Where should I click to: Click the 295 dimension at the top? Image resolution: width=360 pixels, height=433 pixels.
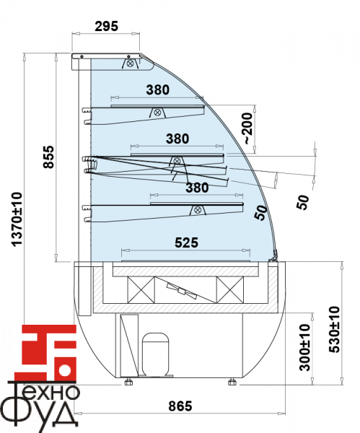tap(106, 26)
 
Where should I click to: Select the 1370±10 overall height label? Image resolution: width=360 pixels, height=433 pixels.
tap(17, 219)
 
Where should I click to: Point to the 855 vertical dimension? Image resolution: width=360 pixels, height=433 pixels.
tap(48, 157)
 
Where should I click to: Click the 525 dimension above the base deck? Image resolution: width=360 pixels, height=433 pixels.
tap(186, 242)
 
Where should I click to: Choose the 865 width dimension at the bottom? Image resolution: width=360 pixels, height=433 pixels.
tap(180, 406)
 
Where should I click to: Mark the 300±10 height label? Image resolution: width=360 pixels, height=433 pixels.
tap(305, 347)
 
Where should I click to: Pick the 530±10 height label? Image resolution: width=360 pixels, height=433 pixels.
tap(334, 329)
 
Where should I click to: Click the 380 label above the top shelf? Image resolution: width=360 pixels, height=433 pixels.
tap(158, 89)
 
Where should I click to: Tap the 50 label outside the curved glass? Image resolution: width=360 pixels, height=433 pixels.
tap(302, 202)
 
